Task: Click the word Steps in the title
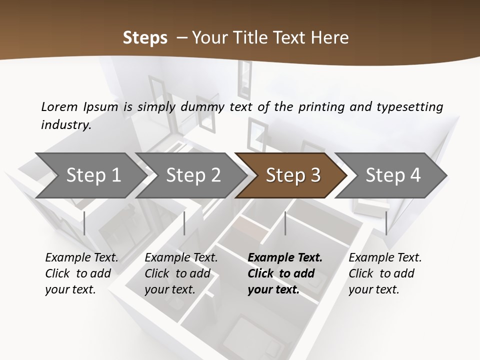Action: click(x=145, y=38)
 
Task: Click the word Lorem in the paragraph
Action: click(x=59, y=106)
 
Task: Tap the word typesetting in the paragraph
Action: click(x=409, y=106)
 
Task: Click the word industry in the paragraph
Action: click(x=65, y=124)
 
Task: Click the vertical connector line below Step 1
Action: click(x=84, y=223)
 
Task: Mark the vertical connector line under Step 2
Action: click(x=184, y=223)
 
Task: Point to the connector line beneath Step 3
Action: click(x=285, y=223)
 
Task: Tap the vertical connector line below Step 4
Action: click(x=386, y=223)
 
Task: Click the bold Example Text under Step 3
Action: click(x=285, y=258)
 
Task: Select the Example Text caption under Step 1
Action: click(x=81, y=258)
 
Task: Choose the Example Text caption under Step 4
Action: click(x=385, y=258)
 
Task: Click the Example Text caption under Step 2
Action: click(x=181, y=258)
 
